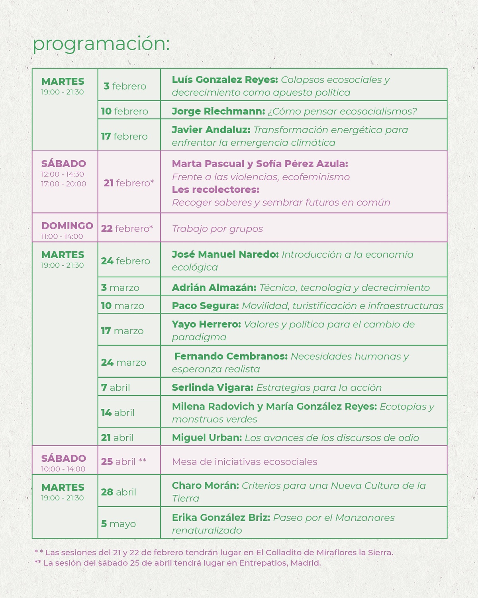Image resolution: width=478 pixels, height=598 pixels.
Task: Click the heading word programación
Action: point(101,44)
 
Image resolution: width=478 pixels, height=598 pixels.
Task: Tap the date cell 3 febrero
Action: point(125,86)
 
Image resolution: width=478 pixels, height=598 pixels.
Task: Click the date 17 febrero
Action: point(124,136)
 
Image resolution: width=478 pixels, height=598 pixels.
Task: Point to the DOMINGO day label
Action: point(67,225)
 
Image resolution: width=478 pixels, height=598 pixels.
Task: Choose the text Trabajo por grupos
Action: point(217,229)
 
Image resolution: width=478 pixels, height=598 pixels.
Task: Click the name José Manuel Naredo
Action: point(225,255)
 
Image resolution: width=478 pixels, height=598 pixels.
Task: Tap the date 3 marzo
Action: point(120,288)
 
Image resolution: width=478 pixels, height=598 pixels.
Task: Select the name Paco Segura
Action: point(205,306)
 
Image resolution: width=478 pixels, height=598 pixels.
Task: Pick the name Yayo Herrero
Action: point(206,324)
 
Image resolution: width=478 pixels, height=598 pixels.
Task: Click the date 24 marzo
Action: point(123,363)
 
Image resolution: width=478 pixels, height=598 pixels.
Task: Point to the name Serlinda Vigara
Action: point(212,388)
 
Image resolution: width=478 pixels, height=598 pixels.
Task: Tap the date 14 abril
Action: point(118,413)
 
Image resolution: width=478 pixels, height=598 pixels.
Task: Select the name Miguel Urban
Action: point(207,438)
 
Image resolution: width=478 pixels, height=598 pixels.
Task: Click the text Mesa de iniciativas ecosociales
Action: point(245,462)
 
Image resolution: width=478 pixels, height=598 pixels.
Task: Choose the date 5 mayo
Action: point(118,524)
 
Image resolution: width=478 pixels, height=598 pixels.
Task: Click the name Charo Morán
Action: point(205,486)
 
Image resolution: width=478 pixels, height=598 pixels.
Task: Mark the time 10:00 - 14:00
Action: point(63,469)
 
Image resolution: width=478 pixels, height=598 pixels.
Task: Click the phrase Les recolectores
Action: point(215,190)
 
